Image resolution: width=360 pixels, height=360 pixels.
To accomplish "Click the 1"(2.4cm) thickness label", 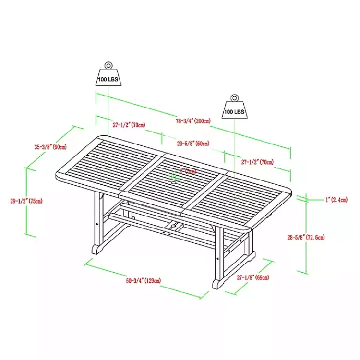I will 336,200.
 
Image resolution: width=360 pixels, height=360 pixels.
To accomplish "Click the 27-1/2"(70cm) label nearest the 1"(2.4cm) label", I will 257,162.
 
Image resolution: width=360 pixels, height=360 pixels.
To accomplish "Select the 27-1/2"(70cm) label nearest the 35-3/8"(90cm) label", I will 129,125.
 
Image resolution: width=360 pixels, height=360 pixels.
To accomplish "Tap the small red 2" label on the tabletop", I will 188,170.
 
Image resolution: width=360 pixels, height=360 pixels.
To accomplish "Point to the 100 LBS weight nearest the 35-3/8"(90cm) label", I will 108,77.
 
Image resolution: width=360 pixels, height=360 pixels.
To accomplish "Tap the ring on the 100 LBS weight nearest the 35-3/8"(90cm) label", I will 108,64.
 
